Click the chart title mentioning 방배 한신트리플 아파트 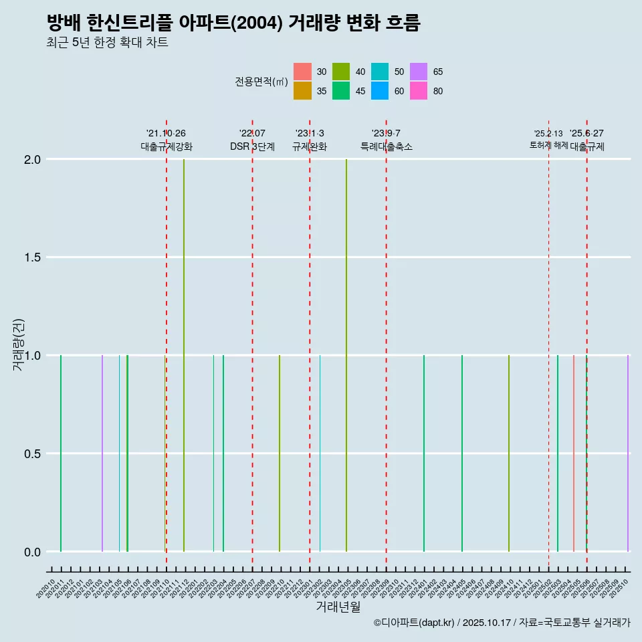pos(233,23)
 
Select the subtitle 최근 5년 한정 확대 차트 pos(107,43)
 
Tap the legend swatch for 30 pos(302,72)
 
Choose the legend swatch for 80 pos(419,91)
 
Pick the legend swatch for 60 pos(380,91)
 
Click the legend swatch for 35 pos(302,91)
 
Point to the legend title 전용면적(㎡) pos(261,82)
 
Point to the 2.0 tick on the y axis pos(33,160)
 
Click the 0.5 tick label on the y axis pos(33,454)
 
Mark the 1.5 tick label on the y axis pos(33,258)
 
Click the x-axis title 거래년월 pos(338,607)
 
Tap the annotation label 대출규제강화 pos(167,147)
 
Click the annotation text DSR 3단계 pos(252,147)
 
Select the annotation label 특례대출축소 pos(386,147)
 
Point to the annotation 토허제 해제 pos(548,145)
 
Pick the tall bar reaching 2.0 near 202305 pos(346,354)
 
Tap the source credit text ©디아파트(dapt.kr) pos(415,623)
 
